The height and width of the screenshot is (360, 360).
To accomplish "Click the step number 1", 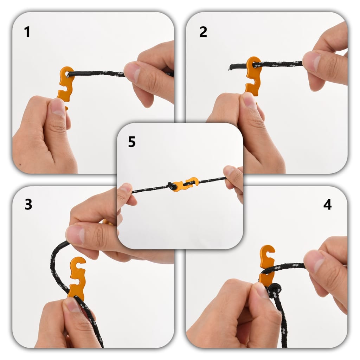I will (27, 32).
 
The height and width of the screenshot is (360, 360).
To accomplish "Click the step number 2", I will (203, 32).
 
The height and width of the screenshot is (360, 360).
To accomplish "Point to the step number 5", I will (132, 142).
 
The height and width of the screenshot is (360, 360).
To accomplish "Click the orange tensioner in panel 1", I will (66, 84).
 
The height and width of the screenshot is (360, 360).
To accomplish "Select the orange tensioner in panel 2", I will (253, 76).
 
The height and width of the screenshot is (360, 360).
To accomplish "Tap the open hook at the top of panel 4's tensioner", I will (269, 251).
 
